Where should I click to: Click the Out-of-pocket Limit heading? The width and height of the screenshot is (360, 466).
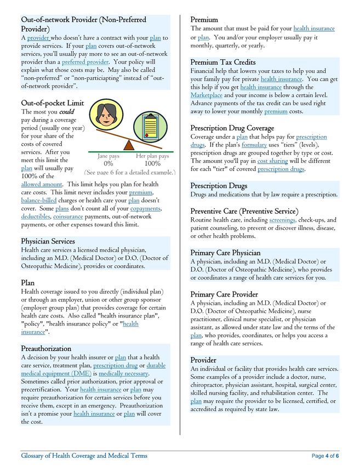53,103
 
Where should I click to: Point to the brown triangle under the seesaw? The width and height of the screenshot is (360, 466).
129,145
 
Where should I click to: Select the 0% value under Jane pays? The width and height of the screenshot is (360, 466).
108,163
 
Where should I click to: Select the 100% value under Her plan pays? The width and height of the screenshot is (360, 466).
152,163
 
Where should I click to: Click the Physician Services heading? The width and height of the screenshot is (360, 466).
48,241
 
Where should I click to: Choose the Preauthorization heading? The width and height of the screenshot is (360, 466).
46,348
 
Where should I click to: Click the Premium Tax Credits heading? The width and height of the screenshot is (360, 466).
223,62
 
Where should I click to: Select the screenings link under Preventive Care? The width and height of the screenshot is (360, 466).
282,220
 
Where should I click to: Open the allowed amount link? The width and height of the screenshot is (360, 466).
42,185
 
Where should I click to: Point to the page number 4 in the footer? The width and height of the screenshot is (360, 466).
327,456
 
